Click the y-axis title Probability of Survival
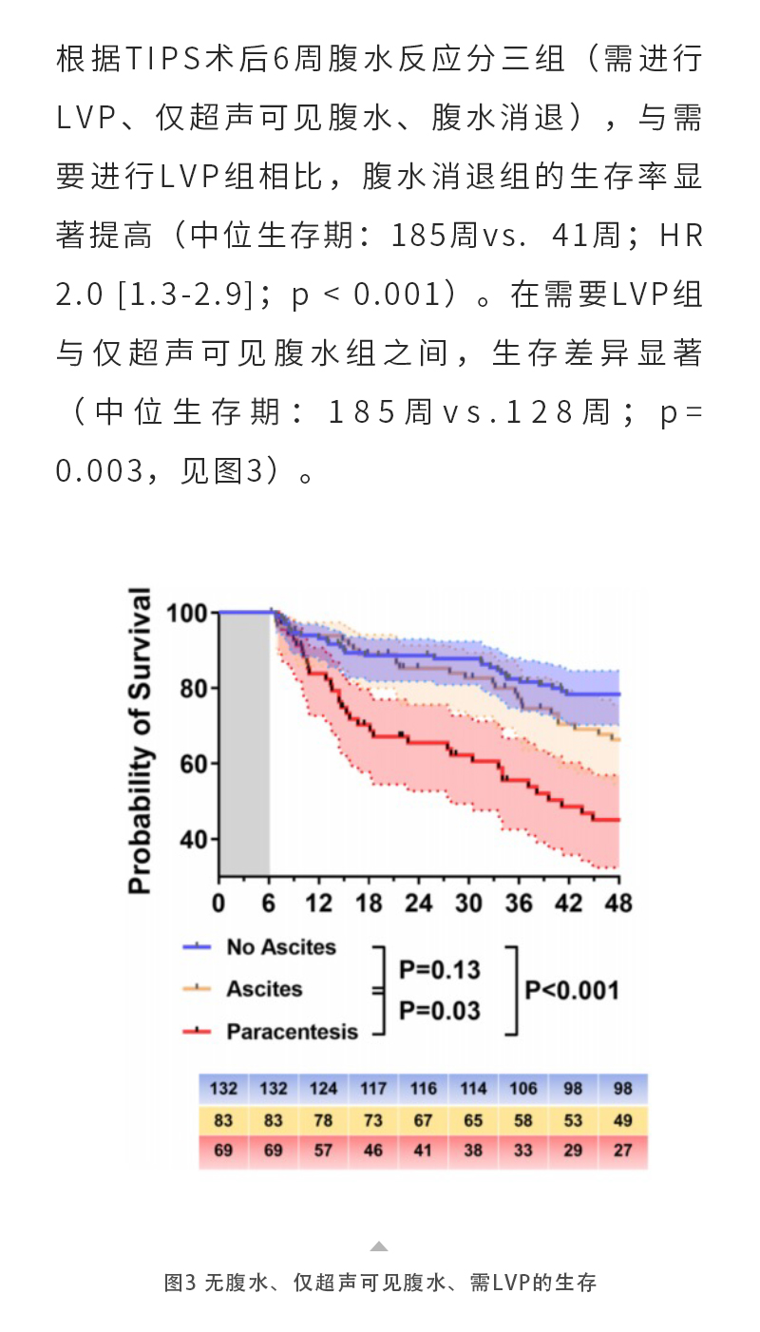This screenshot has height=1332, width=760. [x=140, y=742]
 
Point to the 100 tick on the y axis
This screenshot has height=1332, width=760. [x=186, y=613]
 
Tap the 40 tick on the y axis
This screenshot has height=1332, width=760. [x=193, y=840]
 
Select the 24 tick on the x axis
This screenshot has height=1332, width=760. [x=418, y=903]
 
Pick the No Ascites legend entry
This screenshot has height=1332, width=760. [x=280, y=947]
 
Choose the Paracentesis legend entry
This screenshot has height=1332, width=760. [x=292, y=1031]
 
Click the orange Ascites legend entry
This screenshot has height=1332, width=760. [x=263, y=989]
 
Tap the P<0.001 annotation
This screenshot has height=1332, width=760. [x=572, y=990]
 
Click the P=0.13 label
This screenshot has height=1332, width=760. [x=439, y=970]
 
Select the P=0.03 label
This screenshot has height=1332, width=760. [x=439, y=1010]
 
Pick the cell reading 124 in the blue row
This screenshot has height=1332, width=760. [x=323, y=1089]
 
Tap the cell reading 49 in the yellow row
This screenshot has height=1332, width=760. [x=623, y=1120]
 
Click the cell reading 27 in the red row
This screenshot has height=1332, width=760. [x=623, y=1151]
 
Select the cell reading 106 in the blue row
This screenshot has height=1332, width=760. [x=522, y=1089]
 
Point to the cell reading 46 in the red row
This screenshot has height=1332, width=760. [x=373, y=1151]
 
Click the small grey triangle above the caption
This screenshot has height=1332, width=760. [x=379, y=1246]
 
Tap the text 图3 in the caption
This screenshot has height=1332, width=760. [x=180, y=1283]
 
